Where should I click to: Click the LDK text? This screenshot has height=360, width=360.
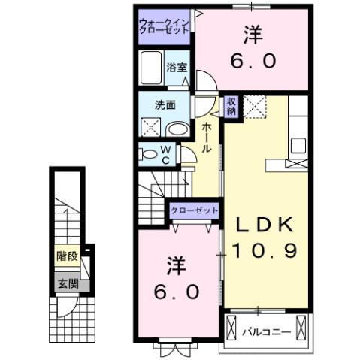point(265,225)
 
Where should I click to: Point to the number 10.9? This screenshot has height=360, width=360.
point(265,250)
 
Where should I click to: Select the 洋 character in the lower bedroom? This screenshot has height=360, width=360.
point(175,265)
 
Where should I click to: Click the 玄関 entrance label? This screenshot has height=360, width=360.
point(67,283)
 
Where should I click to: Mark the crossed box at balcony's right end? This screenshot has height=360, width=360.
point(302,328)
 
